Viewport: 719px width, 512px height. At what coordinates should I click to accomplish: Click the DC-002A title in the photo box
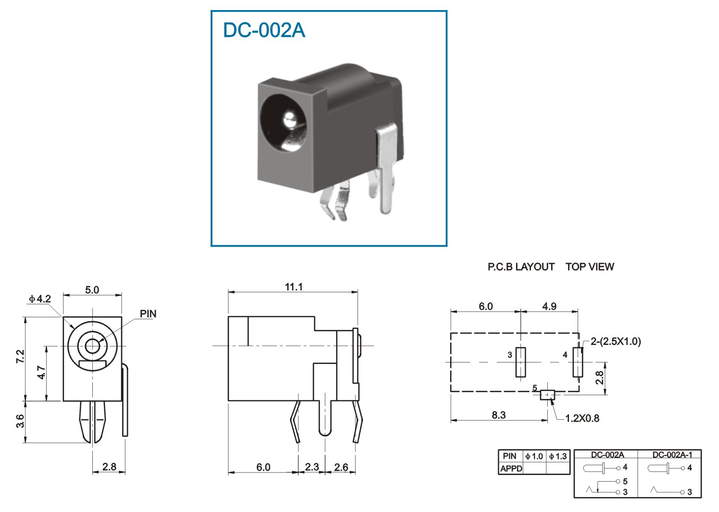264,30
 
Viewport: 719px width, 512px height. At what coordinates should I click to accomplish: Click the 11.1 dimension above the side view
294,287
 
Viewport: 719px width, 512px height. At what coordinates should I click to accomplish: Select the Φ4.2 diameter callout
40,299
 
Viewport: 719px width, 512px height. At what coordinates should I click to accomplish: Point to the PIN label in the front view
148,314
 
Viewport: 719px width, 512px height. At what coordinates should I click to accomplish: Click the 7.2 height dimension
20,356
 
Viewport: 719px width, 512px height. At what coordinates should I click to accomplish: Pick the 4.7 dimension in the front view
41,372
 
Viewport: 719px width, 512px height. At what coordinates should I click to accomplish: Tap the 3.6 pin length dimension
20,421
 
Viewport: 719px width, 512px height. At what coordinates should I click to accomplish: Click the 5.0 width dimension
92,290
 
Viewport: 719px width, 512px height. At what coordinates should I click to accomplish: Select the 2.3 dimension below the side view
312,467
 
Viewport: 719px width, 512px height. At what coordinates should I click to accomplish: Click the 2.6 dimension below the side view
341,467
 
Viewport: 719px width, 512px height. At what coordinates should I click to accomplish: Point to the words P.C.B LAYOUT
521,267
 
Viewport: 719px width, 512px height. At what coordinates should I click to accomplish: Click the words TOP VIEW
590,267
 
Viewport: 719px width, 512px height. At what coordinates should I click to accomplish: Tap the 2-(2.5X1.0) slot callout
616,341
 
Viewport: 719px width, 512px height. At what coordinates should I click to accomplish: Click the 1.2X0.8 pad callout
582,418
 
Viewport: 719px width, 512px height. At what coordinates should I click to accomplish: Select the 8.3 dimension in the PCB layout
499,415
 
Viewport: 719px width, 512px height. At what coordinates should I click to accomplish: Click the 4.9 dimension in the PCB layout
549,306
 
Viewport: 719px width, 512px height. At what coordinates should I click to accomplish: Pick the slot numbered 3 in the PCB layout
521,362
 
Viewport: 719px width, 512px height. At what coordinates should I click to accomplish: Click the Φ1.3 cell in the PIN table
558,456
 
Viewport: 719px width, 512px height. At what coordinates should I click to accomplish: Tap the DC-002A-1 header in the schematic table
672,455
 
